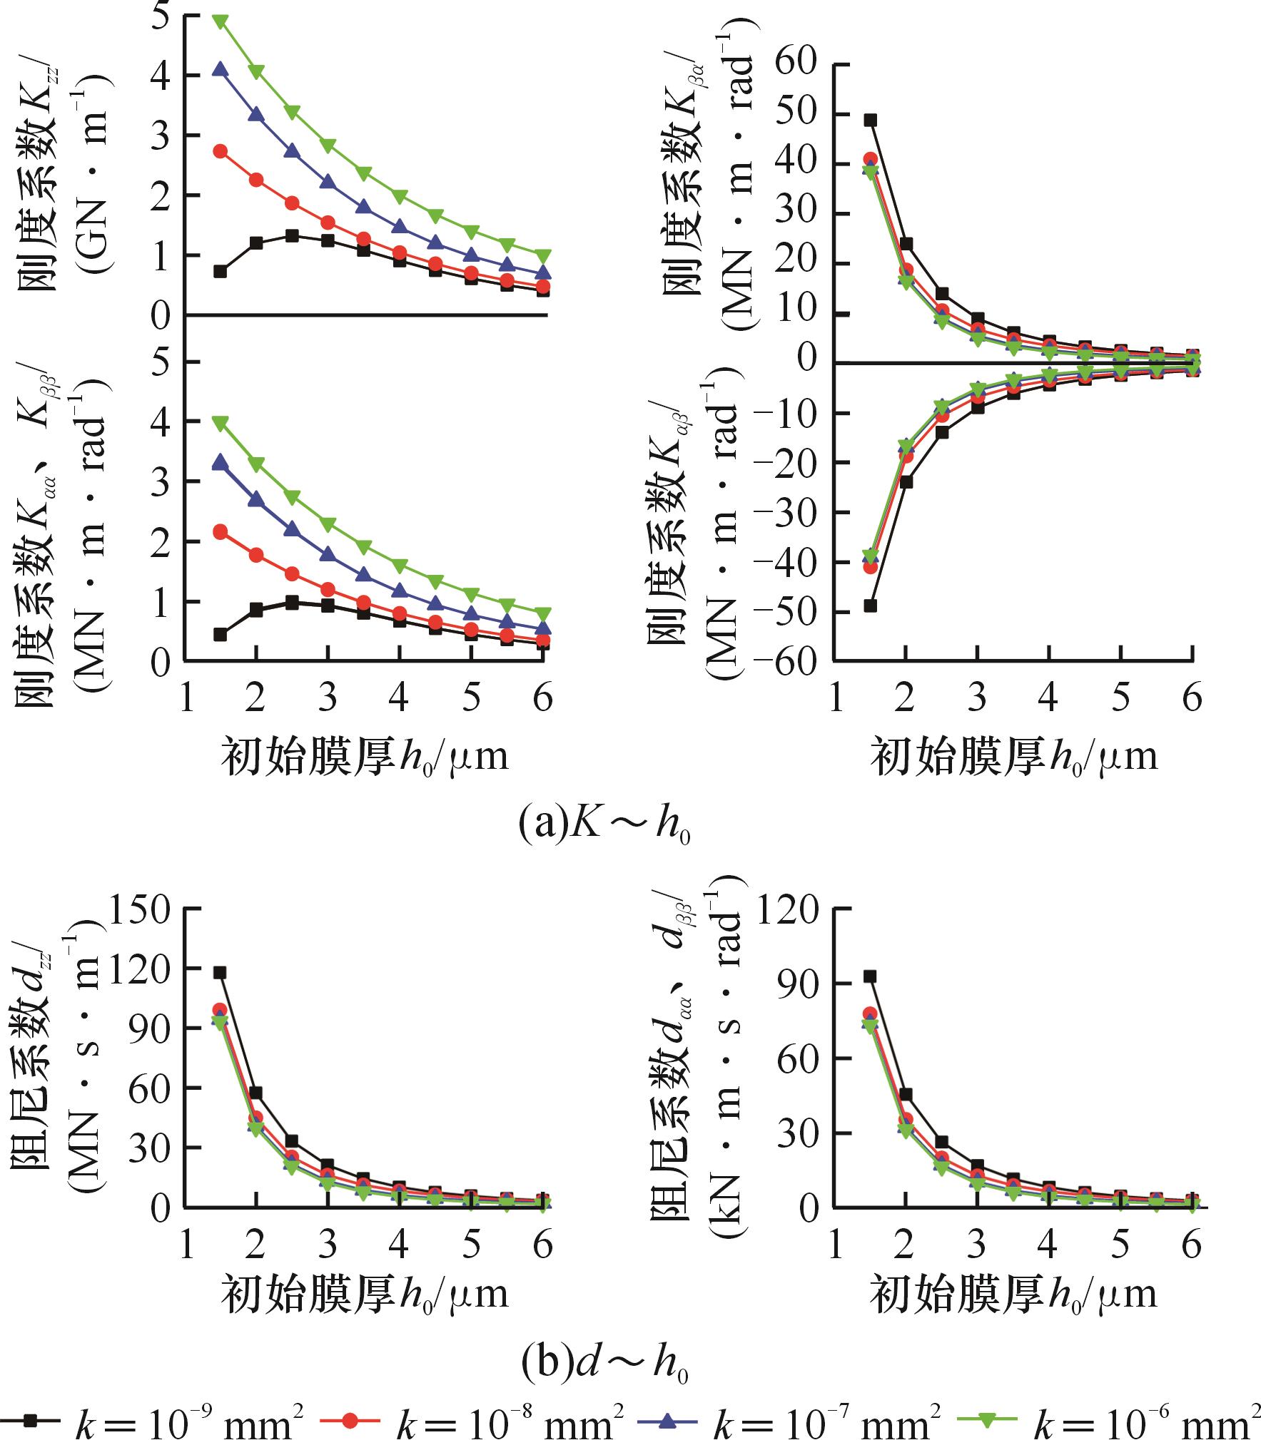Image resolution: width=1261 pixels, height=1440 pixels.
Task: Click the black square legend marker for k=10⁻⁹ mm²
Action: [x=30, y=1421]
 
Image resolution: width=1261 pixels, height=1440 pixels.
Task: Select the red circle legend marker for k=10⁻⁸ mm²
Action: [x=350, y=1421]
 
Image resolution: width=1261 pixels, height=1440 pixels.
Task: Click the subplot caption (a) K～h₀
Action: [x=604, y=826]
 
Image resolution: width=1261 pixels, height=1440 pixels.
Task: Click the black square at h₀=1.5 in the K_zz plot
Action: [x=220, y=271]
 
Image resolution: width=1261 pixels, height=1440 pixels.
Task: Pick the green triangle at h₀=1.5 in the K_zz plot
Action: [x=220, y=21]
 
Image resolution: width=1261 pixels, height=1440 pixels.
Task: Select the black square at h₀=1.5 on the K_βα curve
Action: [x=870, y=120]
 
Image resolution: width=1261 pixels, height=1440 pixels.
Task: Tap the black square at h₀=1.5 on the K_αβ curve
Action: [x=870, y=606]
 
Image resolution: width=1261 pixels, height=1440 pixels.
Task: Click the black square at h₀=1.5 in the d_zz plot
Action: [x=220, y=972]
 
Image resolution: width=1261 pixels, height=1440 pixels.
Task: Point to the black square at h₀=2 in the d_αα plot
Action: [x=906, y=1094]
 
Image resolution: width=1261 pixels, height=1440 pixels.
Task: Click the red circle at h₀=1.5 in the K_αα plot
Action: [x=220, y=531]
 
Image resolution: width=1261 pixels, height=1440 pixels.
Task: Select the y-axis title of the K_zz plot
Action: [x=63, y=178]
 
